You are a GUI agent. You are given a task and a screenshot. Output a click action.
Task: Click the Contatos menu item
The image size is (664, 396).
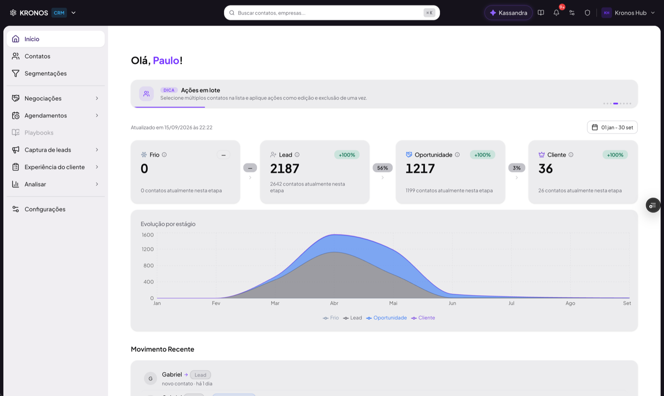(x=37, y=56)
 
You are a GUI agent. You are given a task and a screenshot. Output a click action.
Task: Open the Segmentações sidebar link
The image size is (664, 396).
(x=45, y=73)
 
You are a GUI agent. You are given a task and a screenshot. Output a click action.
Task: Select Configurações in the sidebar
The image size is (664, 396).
(x=45, y=209)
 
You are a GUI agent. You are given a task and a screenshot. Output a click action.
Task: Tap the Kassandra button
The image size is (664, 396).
(x=508, y=13)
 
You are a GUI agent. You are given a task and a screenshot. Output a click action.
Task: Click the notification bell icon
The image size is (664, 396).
(x=557, y=13)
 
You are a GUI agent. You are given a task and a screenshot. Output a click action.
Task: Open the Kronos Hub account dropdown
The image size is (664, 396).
(x=628, y=13)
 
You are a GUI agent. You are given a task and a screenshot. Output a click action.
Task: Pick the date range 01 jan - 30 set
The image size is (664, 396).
(x=612, y=127)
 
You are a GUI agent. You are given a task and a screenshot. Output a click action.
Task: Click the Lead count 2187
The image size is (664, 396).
(x=285, y=169)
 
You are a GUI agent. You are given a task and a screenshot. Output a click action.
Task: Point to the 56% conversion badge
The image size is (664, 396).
(x=382, y=168)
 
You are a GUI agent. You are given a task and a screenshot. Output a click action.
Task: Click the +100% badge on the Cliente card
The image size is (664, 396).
(x=615, y=155)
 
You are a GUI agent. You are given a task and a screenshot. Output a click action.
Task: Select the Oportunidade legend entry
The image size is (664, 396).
(x=386, y=317)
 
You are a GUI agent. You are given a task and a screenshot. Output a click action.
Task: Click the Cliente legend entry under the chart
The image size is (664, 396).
(x=423, y=317)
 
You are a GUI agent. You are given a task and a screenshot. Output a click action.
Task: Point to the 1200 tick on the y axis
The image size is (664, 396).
(x=148, y=249)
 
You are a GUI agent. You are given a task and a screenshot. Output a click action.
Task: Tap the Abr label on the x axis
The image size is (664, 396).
(x=334, y=303)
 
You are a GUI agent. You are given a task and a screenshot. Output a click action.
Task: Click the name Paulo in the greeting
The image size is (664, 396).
(x=166, y=60)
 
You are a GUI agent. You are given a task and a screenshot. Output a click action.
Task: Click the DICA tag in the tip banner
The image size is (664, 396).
(x=169, y=90)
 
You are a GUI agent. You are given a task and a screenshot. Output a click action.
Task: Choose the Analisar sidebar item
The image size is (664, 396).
(x=35, y=184)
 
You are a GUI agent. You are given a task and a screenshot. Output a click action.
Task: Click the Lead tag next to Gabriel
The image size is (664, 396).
(x=200, y=375)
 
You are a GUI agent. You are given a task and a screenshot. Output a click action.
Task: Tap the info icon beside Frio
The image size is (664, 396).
(x=164, y=155)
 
